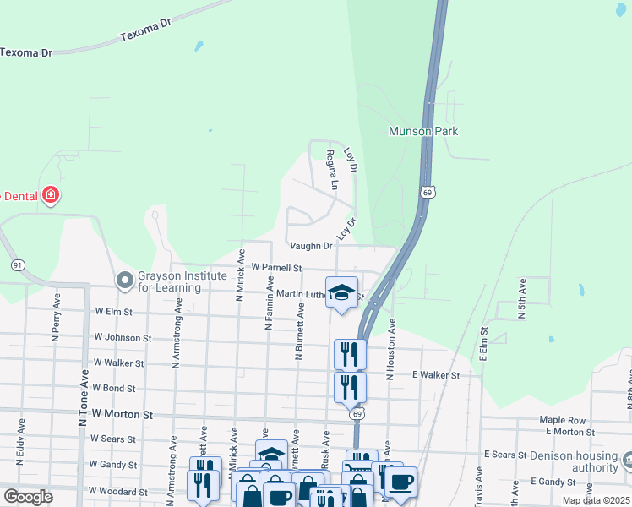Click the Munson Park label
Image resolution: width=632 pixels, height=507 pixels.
422,131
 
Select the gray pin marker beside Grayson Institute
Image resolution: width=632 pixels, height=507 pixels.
125,279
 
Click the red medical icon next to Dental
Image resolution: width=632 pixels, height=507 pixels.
51,195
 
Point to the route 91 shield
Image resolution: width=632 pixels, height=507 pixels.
17,265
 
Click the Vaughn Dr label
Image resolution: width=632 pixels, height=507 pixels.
311,246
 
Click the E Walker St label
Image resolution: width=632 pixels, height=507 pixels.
435,374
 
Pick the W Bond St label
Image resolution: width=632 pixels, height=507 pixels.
114,389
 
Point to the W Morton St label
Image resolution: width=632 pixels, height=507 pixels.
123,415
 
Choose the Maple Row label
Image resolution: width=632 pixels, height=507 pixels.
563,420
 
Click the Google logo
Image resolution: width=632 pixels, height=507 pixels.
29,497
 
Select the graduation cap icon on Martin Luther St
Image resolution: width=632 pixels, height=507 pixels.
341,292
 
